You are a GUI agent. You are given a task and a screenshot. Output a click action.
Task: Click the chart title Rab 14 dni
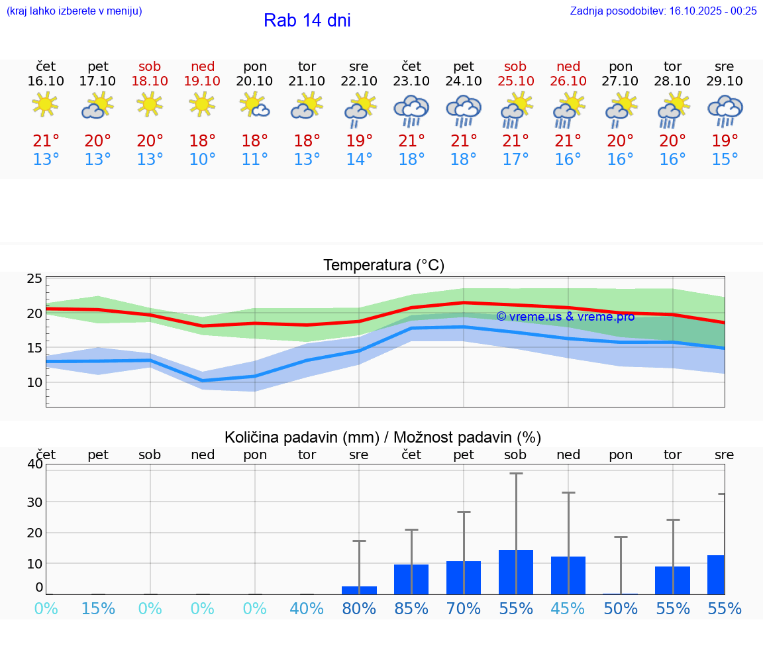307,21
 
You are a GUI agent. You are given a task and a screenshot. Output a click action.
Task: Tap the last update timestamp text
663,11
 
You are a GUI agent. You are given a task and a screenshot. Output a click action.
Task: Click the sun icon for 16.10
45,105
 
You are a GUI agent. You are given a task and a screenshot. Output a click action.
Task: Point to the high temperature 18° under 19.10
203,140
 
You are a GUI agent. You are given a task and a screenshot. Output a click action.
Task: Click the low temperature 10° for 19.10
203,159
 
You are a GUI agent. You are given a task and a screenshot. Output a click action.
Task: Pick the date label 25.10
515,81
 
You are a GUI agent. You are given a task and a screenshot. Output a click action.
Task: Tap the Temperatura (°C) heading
383,265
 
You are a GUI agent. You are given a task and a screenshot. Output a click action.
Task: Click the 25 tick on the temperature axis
34,278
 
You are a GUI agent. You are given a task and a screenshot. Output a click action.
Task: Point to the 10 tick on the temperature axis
34,382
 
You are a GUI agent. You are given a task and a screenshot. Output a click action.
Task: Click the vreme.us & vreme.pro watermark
565,317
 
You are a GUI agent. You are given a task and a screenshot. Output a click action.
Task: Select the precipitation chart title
382,437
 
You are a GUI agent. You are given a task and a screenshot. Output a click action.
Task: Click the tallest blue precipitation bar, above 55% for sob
516,572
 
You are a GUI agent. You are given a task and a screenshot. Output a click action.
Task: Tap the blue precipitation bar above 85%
411,579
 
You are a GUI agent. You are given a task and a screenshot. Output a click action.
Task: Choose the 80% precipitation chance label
359,608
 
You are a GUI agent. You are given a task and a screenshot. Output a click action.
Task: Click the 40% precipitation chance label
307,608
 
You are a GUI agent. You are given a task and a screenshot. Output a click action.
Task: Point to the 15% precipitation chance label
98,608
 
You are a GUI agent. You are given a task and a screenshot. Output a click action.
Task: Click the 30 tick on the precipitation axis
34,502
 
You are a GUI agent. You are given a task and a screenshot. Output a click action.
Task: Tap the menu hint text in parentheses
74,11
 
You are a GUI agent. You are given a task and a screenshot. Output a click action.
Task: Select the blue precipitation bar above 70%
464,577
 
